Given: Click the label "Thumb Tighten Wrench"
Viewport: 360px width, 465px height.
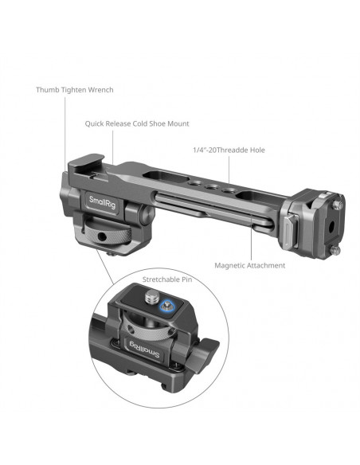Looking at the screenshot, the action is pyautogui.click(x=75, y=89).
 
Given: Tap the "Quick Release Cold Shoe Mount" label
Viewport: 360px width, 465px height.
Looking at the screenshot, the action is pyautogui.click(x=137, y=123).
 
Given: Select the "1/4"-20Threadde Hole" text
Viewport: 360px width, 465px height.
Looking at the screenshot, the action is pyautogui.click(x=229, y=150).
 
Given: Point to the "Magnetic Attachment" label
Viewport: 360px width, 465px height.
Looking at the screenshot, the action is pyautogui.click(x=249, y=265).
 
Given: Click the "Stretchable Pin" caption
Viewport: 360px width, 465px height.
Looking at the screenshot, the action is pyautogui.click(x=167, y=279).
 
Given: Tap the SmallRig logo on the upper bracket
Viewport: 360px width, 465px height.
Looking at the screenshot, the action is pyautogui.click(x=102, y=202).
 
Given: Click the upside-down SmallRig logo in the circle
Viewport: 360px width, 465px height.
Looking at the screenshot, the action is pyautogui.click(x=145, y=350).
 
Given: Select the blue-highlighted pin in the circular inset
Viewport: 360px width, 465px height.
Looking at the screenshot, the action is pyautogui.click(x=167, y=306).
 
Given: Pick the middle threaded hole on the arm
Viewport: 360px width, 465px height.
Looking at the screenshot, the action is pyautogui.click(x=213, y=187).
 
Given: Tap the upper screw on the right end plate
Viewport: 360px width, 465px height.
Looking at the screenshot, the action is pyautogui.click(x=338, y=205).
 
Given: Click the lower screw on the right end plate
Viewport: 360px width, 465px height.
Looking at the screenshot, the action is pyautogui.click(x=336, y=250).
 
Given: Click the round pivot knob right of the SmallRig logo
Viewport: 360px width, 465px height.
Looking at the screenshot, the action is pyautogui.click(x=147, y=213).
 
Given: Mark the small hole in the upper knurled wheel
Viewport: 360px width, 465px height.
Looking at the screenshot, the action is pyautogui.click(x=102, y=236).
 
